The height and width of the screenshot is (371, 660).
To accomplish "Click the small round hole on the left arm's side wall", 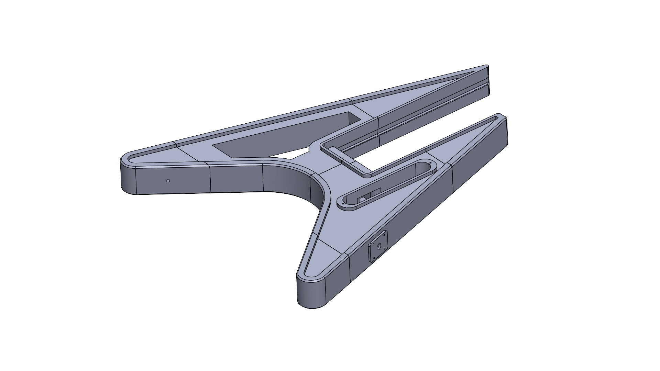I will pyautogui.click(x=168, y=180).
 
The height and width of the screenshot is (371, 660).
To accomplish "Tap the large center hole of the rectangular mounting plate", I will pyautogui.click(x=378, y=246).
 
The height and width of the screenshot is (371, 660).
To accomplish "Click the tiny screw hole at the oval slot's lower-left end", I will pyautogui.click(x=343, y=204).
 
